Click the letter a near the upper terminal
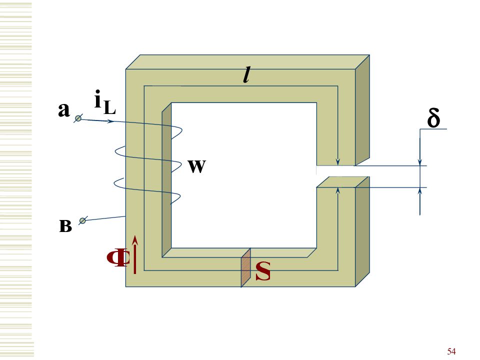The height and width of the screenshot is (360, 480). click(x=63, y=110)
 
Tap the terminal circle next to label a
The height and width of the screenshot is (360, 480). click(x=78, y=118)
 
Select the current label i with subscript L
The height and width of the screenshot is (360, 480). click(x=105, y=102)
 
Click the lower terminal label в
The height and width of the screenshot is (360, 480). click(x=65, y=226)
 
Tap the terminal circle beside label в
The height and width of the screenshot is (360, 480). click(x=82, y=220)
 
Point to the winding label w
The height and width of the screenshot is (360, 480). click(x=197, y=166)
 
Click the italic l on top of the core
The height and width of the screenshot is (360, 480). click(x=246, y=75)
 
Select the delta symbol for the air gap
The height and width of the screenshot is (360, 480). click(x=434, y=117)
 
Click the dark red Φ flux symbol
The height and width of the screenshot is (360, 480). click(x=118, y=258)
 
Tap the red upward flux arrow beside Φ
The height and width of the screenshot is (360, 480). click(x=134, y=254)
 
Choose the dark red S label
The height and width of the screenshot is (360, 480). click(x=263, y=271)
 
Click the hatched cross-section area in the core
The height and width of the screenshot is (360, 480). click(x=246, y=268)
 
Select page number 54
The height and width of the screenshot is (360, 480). click(x=451, y=351)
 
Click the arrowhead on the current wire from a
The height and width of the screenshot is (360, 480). click(x=111, y=121)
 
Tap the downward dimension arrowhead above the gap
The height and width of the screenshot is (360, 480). click(x=420, y=161)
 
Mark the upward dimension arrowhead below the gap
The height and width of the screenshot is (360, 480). click(x=420, y=191)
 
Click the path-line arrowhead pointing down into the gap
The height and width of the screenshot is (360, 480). click(x=337, y=161)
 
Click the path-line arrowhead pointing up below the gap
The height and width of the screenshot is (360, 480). click(x=337, y=191)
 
